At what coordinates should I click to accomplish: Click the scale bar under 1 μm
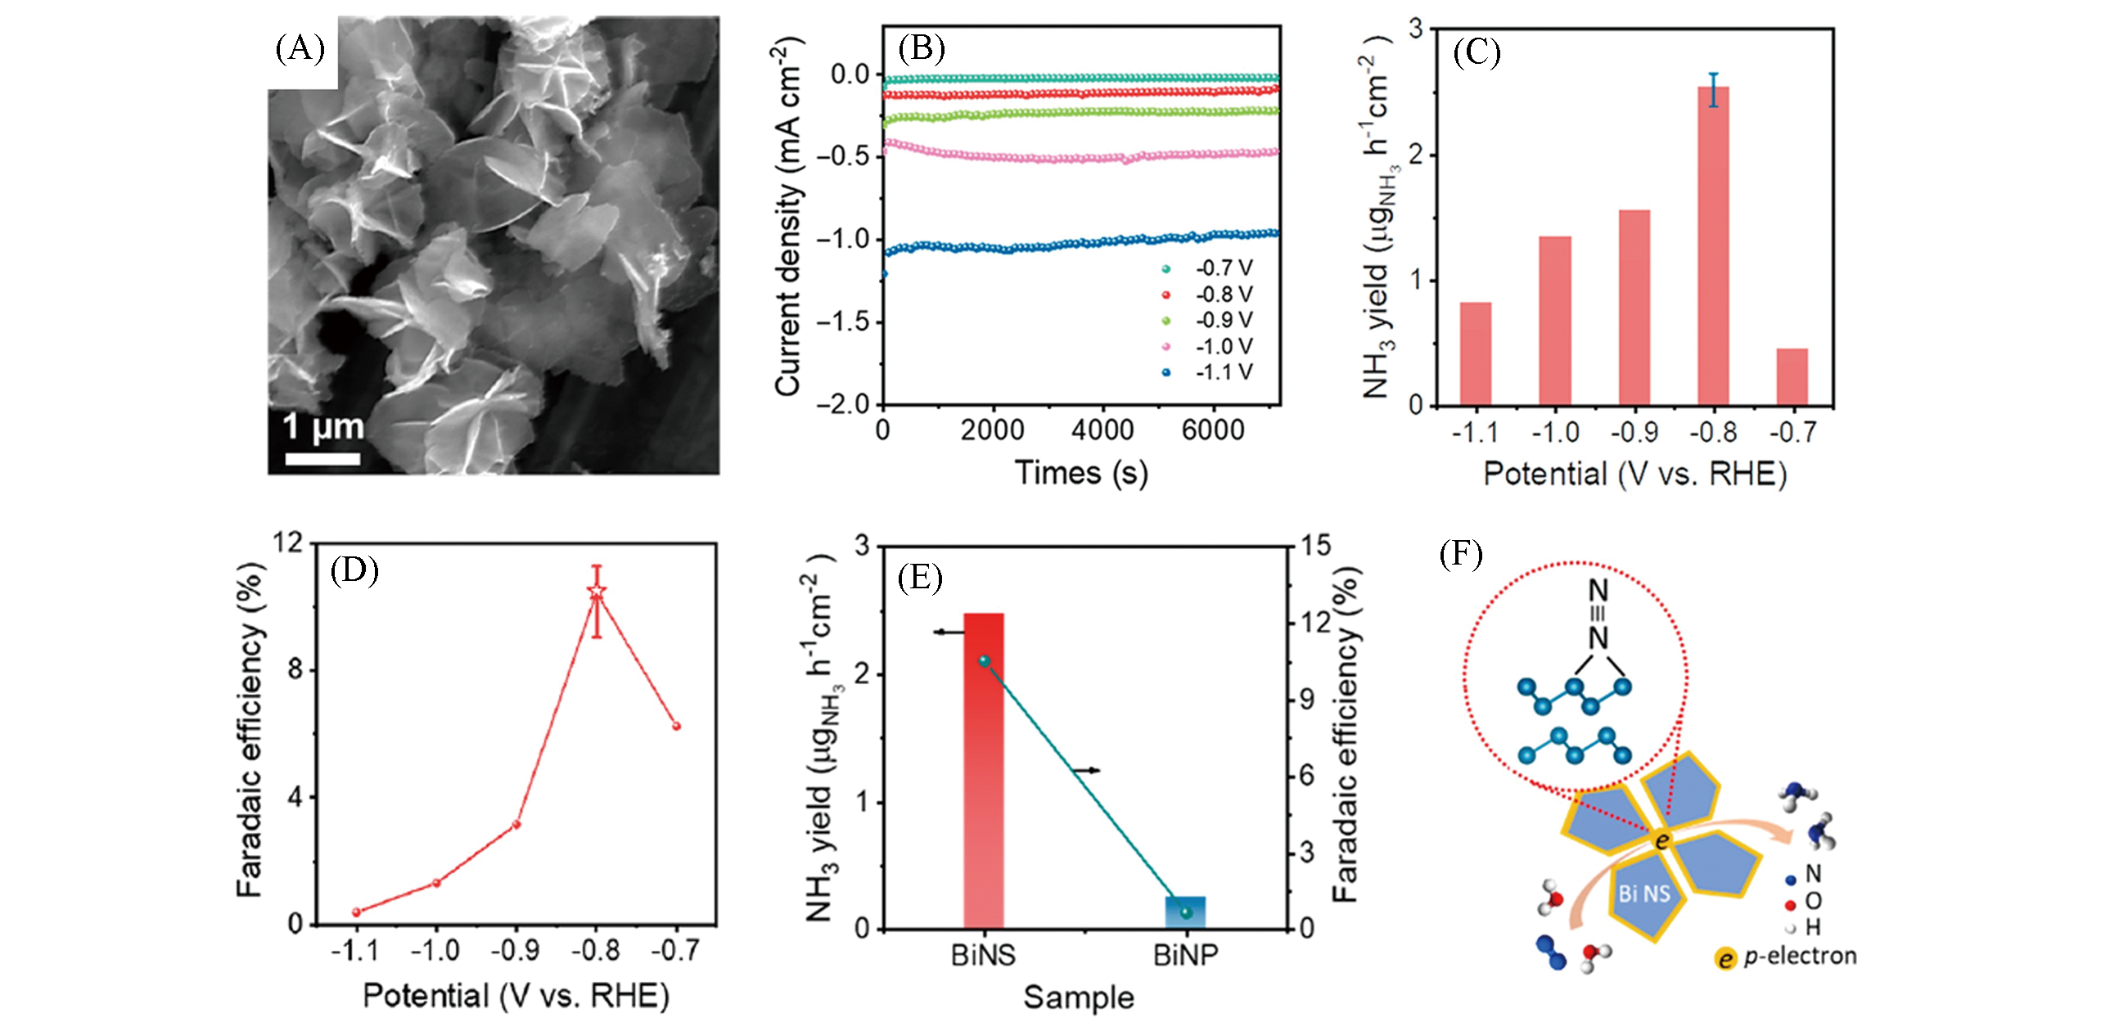tap(322, 458)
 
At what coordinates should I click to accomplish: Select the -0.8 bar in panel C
tap(1713, 245)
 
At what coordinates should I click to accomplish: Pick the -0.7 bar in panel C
tap(1792, 377)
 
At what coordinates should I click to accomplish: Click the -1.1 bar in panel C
tap(1475, 354)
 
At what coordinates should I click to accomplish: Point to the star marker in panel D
tap(597, 591)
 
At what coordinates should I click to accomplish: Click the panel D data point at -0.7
tap(676, 726)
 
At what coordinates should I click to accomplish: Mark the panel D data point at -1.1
tap(356, 912)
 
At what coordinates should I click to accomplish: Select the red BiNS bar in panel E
tap(983, 769)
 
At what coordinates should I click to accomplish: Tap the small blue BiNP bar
tap(1185, 912)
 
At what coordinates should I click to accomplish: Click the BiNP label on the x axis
tap(1185, 955)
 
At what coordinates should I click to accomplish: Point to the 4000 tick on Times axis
tap(1102, 430)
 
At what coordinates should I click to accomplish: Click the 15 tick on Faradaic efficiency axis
tap(1315, 545)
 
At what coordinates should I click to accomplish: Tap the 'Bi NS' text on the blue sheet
tap(1643, 894)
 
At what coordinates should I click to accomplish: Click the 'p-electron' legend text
tap(1800, 956)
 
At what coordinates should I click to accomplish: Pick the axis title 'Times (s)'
tap(1081, 473)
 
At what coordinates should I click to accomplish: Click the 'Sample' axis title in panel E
tap(1079, 997)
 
